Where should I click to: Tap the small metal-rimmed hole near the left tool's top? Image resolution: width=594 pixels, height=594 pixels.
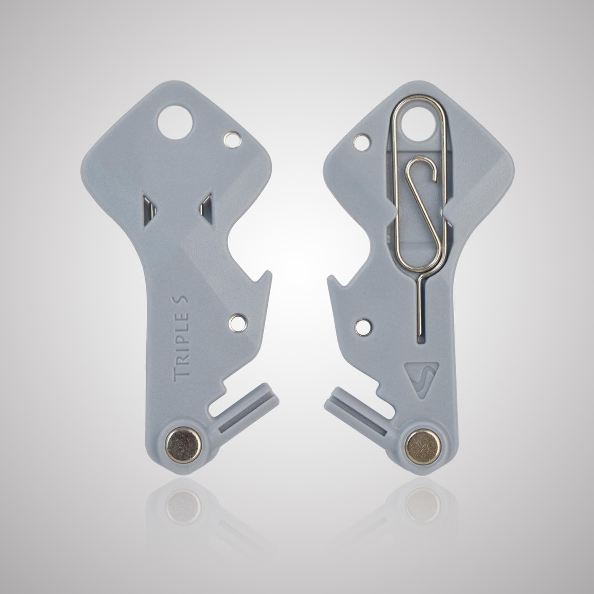[x=232, y=139]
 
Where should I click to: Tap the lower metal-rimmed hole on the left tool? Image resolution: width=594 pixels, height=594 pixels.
[x=237, y=322]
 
